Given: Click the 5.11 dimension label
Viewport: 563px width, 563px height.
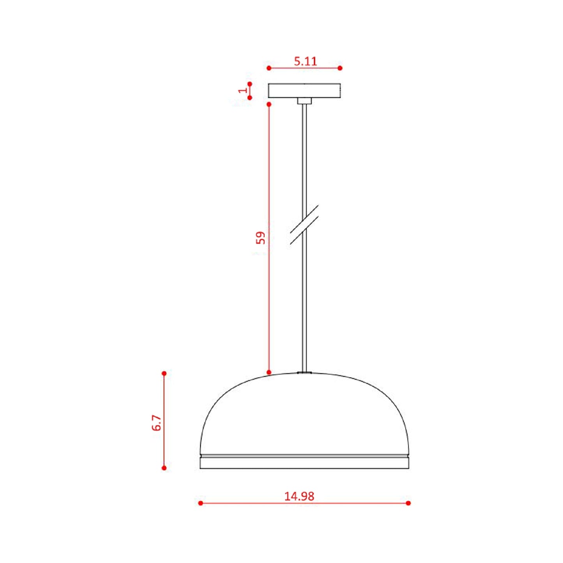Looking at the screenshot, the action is point(305,61).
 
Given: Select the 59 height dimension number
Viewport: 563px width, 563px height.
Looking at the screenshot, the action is point(260,238).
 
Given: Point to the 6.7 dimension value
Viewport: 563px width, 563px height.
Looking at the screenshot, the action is point(157,423).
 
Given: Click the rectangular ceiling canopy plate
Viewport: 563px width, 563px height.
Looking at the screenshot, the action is point(304,90).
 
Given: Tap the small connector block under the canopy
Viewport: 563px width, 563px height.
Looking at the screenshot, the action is point(304,101).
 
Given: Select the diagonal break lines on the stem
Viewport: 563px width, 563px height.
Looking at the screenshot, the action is point(304,224).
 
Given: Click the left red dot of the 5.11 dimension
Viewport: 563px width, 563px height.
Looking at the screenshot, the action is point(269,68).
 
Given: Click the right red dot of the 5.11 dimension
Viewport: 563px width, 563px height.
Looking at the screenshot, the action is point(340,68).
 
